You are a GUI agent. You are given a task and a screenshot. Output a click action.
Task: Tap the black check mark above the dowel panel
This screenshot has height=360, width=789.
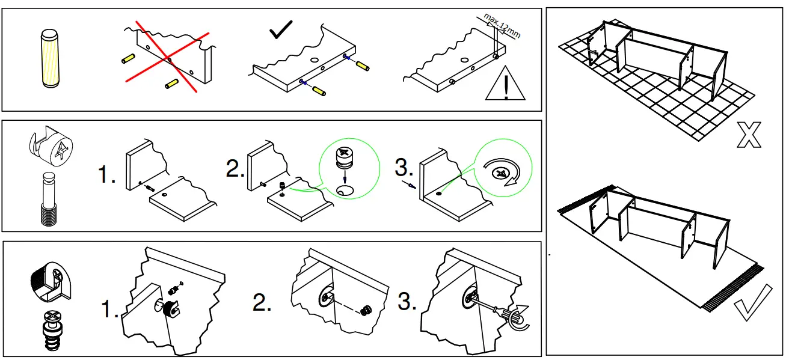coord(281,30)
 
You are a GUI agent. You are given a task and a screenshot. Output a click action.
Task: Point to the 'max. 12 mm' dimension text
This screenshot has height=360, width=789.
coord(502,27)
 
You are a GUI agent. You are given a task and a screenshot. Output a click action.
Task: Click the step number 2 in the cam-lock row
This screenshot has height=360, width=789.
coord(235,169)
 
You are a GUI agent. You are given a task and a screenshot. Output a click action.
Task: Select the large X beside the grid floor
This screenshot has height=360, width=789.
coord(748,135)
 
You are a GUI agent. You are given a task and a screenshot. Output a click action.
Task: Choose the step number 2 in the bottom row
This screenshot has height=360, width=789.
coord(262,304)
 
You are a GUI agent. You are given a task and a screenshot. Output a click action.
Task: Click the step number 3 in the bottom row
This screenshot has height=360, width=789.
coord(407,302)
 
